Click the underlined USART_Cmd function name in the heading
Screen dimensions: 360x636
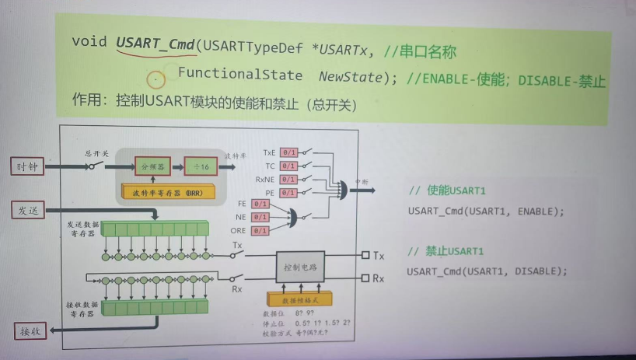click(x=154, y=44)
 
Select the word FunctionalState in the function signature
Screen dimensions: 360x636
click(x=239, y=75)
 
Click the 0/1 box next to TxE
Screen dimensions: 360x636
click(x=289, y=152)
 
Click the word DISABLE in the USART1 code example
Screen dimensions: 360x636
click(x=534, y=271)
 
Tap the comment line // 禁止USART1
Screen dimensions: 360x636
click(x=446, y=252)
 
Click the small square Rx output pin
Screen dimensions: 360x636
click(x=365, y=278)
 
